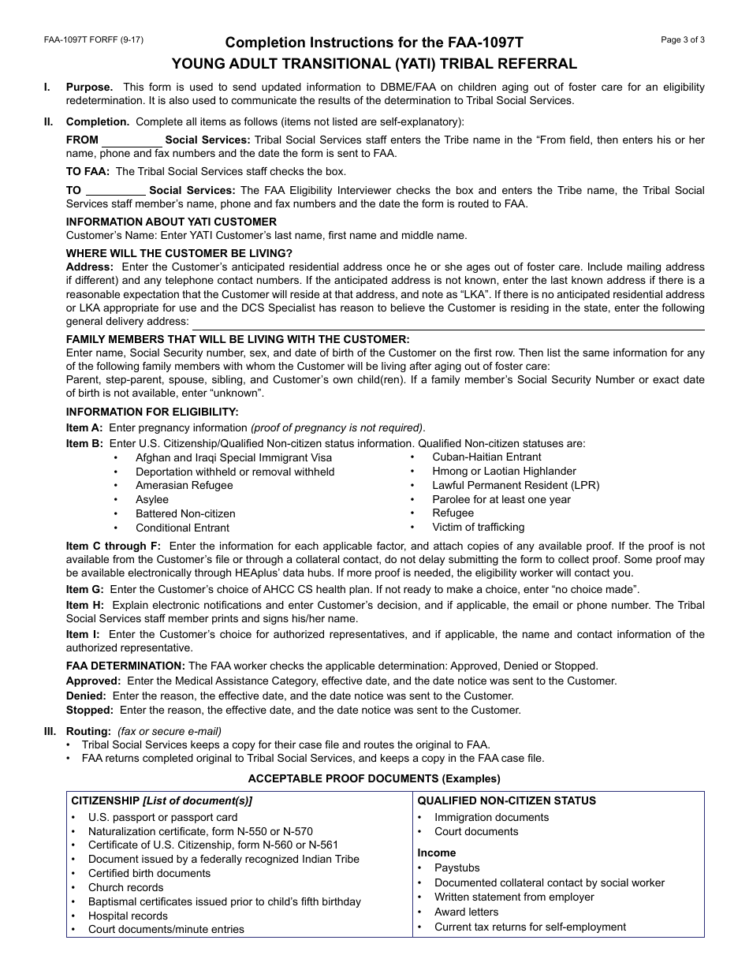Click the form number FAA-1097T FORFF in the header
[x=94, y=39]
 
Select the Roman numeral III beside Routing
[x=49, y=731]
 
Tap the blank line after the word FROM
[x=131, y=140]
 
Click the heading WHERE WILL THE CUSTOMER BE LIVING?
[x=179, y=253]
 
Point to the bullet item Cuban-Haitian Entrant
[x=486, y=457]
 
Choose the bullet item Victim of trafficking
[x=478, y=527]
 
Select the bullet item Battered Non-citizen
[x=185, y=513]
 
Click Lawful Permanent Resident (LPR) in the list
[x=516, y=485]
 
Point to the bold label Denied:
[x=86, y=696]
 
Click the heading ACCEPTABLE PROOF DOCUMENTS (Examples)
[x=374, y=778]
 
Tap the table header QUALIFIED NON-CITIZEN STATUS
[x=506, y=800]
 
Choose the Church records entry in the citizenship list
[x=125, y=887]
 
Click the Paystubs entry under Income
[x=456, y=867]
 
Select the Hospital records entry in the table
[x=128, y=916]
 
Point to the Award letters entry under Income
[x=466, y=912]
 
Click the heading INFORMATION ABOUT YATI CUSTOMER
[x=171, y=222]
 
